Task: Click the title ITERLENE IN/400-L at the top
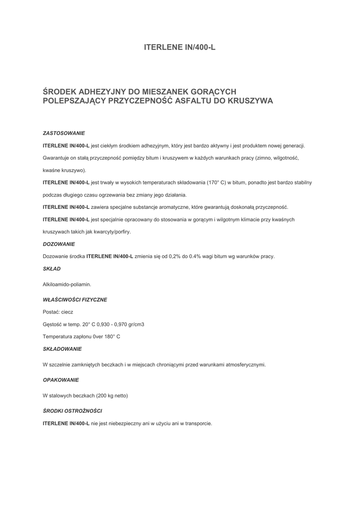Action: tap(180, 48)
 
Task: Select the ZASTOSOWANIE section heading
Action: tap(64, 133)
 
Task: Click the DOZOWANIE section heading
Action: tap(59, 244)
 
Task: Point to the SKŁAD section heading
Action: tap(52, 269)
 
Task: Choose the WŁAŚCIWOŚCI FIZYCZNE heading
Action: tap(75, 300)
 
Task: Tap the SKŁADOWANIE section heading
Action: tap(62, 349)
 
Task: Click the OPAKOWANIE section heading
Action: tap(61, 380)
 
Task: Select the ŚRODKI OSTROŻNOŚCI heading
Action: tap(73, 411)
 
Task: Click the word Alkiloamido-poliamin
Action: tap(67, 284)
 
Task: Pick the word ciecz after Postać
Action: tap(67, 312)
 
